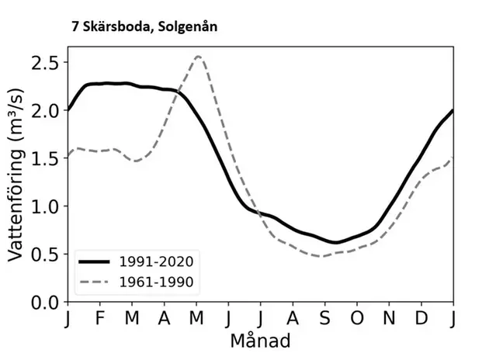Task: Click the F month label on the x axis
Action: [100, 319]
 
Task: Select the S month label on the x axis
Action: [325, 319]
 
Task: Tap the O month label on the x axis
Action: [357, 319]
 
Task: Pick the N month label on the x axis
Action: [389, 319]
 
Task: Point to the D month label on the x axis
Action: [421, 319]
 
